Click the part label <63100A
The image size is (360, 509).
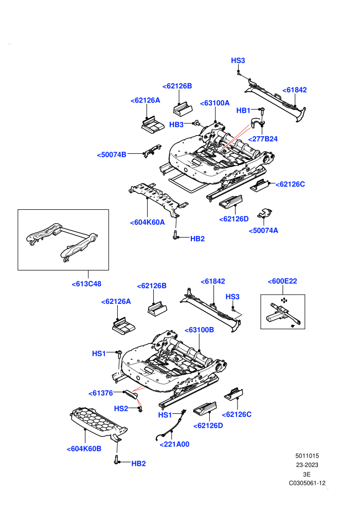pyautogui.click(x=214, y=103)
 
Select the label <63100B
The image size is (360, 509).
pyautogui.click(x=199, y=330)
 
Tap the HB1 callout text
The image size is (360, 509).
pyautogui.click(x=243, y=111)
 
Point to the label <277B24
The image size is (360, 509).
pyautogui.click(x=263, y=139)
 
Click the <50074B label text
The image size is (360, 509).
pyautogui.click(x=112, y=155)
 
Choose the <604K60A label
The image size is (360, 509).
pyautogui.click(x=147, y=222)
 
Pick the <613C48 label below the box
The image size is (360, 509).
pyautogui.click(x=86, y=284)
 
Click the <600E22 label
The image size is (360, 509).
pyautogui.click(x=282, y=281)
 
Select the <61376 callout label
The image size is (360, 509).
pyautogui.click(x=101, y=393)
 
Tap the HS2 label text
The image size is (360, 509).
pyautogui.click(x=121, y=408)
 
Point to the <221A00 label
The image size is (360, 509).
pyautogui.click(x=174, y=444)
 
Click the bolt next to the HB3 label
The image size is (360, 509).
pyautogui.click(x=196, y=123)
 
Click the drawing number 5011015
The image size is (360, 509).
pyautogui.click(x=307, y=456)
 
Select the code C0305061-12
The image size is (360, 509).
pyautogui.click(x=307, y=483)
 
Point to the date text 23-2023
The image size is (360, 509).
pyautogui.click(x=307, y=465)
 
